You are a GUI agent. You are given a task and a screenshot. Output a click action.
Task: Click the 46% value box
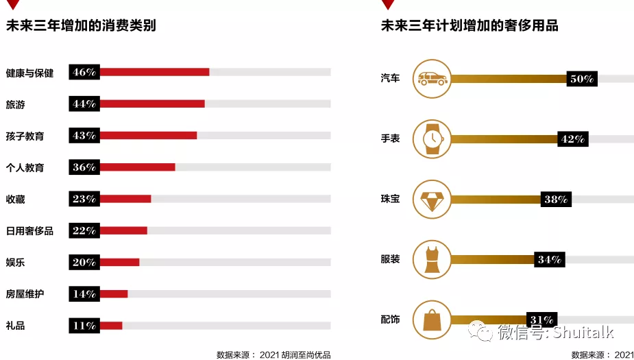pos(84,72)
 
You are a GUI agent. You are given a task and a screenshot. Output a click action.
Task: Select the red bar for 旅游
pos(152,104)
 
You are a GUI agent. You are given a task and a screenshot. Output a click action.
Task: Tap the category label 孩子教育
pos(25,136)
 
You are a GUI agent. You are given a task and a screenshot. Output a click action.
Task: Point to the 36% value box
pos(84,167)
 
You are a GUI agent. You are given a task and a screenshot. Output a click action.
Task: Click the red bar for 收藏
pos(125,199)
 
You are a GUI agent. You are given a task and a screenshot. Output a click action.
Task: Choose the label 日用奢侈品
pos(29,231)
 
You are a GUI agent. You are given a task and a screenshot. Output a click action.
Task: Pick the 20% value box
pos(84,263)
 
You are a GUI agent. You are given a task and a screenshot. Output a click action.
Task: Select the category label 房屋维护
pos(25,294)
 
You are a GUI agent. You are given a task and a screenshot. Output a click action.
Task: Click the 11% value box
pos(84,326)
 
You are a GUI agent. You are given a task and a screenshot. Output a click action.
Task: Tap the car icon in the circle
pos(432,79)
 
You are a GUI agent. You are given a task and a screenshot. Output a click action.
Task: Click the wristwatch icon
pos(432,139)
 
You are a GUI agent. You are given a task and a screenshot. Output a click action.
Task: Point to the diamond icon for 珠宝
pos(432,200)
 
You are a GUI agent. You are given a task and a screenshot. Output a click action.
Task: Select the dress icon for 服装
pos(432,260)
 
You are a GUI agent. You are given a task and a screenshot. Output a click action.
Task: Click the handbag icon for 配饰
pos(432,320)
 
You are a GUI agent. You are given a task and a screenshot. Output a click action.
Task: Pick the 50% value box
pos(582,79)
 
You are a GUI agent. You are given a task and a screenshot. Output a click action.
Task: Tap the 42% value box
pos(572,139)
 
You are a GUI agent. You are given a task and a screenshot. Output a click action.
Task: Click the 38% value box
pos(556,200)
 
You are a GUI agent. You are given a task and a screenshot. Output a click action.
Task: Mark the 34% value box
pos(550,260)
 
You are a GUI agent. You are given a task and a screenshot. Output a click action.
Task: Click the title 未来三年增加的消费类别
pos(81,26)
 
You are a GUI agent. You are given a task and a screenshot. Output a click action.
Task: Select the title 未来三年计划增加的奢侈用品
pos(470,26)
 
